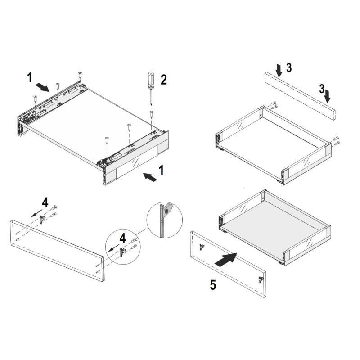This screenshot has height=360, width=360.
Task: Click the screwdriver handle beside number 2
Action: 151,81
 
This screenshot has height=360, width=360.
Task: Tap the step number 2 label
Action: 164,80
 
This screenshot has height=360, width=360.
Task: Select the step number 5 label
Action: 213,285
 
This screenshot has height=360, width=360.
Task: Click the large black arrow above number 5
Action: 226,260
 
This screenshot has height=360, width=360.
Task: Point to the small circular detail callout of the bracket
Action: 164,220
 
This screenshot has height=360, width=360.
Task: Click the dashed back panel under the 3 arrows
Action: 300,96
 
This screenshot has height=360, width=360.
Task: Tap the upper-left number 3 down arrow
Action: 279,71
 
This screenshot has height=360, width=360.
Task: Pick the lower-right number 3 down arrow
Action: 328,96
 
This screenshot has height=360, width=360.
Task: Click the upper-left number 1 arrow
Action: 42,87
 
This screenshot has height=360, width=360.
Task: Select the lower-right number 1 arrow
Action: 150,177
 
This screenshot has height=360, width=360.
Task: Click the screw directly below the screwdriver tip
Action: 152,114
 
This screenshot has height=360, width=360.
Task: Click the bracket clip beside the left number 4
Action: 42,220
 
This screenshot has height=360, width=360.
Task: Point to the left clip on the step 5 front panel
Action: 202,247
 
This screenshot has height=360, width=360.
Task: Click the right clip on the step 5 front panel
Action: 261,279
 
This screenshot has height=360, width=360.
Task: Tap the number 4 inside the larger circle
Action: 123,238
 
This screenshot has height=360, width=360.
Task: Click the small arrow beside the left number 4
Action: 36,213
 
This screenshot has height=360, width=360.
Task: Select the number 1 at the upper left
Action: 30,77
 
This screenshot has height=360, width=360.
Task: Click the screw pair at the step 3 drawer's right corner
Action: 336,141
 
